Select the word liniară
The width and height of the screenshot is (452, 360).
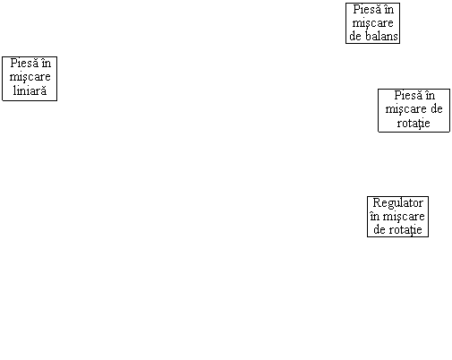coord(30,90)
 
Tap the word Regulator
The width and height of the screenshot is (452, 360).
coord(397,203)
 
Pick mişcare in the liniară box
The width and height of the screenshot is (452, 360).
coord(30,77)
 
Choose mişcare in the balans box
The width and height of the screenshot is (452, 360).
coord(372,23)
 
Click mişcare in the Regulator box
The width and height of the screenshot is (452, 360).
coord(404,217)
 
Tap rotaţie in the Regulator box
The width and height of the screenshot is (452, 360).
coord(406,230)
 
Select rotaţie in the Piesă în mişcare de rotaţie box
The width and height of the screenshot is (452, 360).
coord(414,123)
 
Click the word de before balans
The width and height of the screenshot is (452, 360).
coord(356,36)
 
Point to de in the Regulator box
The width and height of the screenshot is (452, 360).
coord(380,229)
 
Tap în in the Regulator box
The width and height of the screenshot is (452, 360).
coord(375,216)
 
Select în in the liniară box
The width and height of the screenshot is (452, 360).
coord(47,63)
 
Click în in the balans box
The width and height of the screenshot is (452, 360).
coord(388,9)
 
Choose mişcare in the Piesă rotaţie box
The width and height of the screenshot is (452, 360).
coord(405,109)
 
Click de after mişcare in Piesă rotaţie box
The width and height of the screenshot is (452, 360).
coord(436,108)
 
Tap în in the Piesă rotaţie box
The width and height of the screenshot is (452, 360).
coord(430,95)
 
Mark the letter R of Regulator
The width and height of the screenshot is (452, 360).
coord(377,202)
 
